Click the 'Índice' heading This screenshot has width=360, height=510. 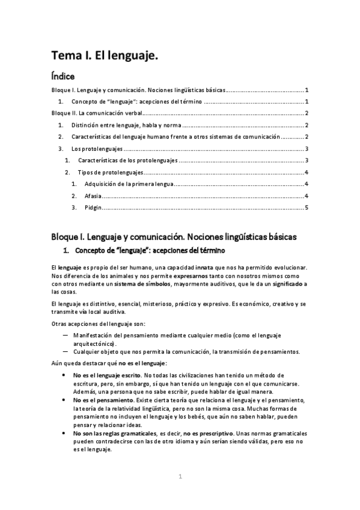coord(63,76)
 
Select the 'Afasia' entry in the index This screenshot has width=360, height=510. coord(93,196)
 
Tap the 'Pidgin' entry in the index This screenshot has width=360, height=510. coord(93,208)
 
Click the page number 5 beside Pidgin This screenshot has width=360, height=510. coord(307,208)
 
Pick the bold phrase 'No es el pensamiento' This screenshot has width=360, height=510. coord(103,399)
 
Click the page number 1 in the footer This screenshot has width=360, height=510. coord(179,477)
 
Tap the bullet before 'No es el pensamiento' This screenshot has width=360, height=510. coord(64,399)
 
